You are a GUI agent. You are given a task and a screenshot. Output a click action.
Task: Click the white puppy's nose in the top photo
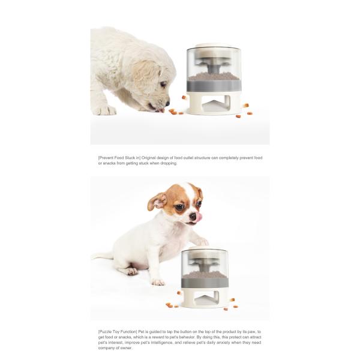click(x=167, y=103)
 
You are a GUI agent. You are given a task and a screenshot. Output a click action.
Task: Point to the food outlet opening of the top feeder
click(x=214, y=106)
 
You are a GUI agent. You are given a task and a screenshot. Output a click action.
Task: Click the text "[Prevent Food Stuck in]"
click(x=119, y=158)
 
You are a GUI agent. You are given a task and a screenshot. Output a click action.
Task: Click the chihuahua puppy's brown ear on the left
click(x=157, y=202)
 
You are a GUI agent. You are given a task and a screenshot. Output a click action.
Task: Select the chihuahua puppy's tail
click(x=102, y=256)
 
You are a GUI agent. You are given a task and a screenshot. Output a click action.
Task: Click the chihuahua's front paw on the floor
click(x=158, y=281)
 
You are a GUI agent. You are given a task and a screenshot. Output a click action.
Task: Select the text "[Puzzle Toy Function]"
click(x=117, y=331)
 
